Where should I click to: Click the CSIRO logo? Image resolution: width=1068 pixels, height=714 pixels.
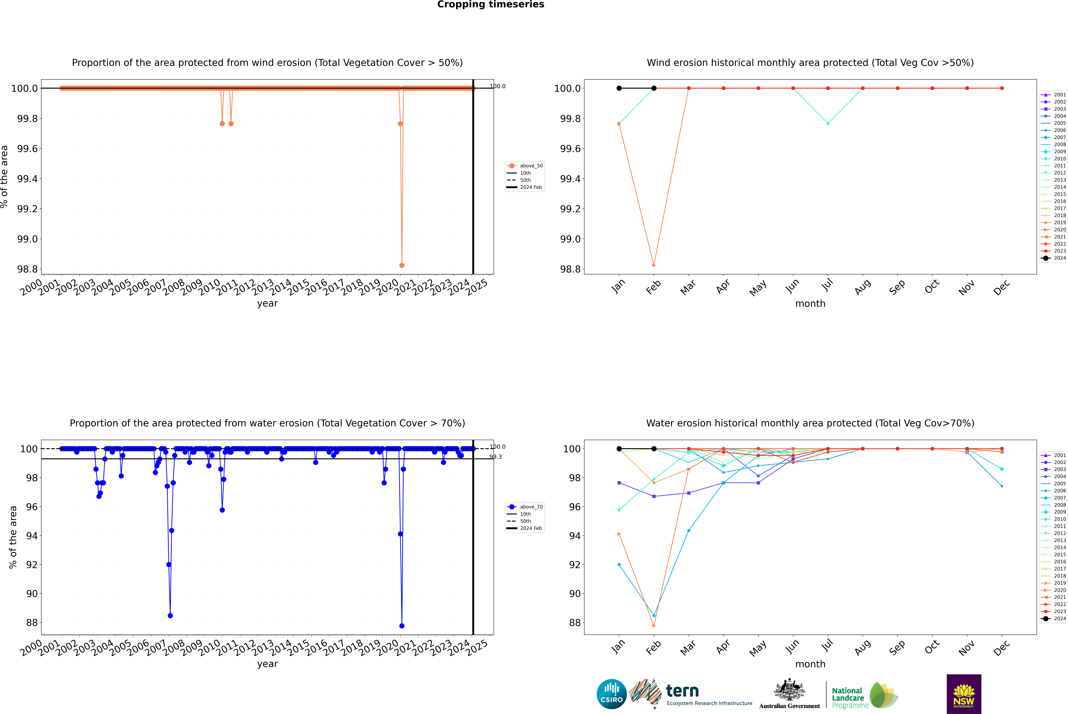611,694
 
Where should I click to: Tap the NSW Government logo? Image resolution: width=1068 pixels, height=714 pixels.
964,694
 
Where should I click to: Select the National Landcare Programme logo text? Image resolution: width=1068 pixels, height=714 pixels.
848,698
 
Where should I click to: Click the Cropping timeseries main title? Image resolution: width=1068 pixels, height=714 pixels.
490,5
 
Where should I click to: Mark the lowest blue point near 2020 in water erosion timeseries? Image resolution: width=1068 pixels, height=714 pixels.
402,626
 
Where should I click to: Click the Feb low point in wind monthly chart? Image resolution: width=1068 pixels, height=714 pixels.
654,265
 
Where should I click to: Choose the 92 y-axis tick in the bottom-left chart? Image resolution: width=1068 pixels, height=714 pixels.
32,565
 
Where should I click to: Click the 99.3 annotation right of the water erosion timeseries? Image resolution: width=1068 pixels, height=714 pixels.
496,457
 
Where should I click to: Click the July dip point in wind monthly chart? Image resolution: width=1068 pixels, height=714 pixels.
828,123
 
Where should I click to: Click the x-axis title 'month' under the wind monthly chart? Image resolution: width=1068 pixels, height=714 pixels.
810,304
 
